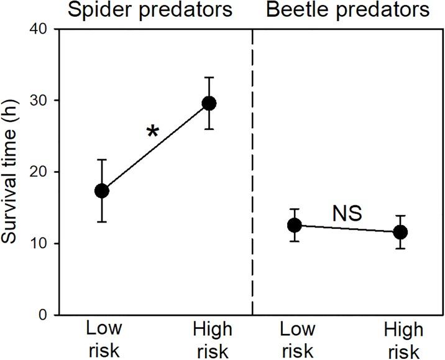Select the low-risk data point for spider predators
pyautogui.click(x=102, y=191)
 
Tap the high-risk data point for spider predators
pyautogui.click(x=209, y=103)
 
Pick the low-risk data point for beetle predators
pyautogui.click(x=295, y=225)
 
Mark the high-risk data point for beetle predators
pyautogui.click(x=401, y=232)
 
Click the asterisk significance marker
pyautogui.click(x=152, y=132)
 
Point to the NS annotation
pyautogui.click(x=347, y=214)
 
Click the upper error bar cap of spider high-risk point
pyautogui.click(x=209, y=78)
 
